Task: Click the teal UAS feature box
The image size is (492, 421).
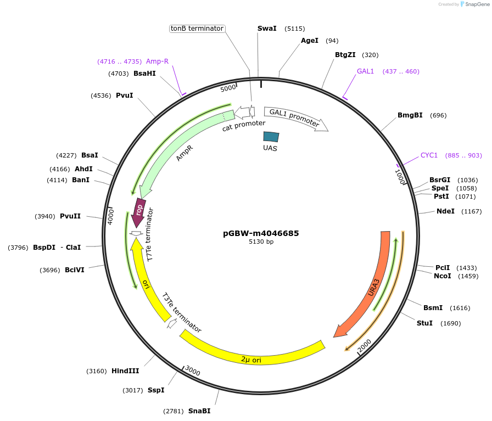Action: pos(271,137)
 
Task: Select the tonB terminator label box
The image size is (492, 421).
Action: pos(197,29)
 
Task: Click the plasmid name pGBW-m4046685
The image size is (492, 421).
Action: pos(261,233)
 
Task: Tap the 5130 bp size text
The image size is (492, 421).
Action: pos(261,242)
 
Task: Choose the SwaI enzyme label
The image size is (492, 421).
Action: pos(267,29)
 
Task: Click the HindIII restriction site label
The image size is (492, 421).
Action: pos(125,371)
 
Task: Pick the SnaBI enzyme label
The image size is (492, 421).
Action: pos(199,411)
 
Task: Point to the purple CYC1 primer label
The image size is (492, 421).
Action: pos(429,155)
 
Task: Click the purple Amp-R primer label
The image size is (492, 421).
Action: pos(157,61)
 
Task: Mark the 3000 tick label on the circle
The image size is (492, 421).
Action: pos(193,372)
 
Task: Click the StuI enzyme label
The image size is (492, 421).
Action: pos(424,323)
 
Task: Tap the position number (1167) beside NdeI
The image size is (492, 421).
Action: pos(471,211)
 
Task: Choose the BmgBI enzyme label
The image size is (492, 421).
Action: pos(410,115)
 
